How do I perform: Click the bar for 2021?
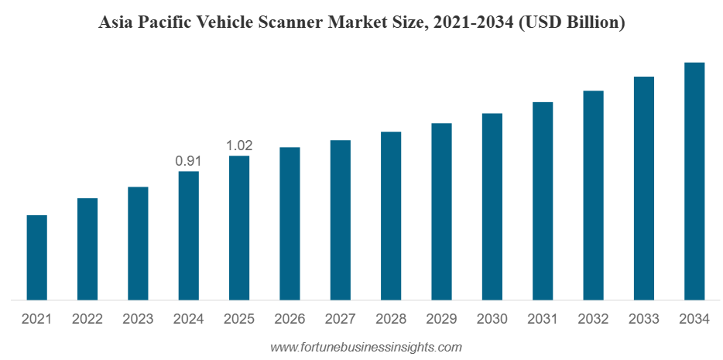coord(36,257)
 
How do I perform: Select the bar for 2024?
coord(188,235)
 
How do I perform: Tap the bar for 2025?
coord(239,228)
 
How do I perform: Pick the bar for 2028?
coord(391,215)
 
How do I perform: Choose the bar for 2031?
coord(543,201)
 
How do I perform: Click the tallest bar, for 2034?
coord(694,180)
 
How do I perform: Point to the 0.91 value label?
coord(188,161)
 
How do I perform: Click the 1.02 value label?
coord(239,146)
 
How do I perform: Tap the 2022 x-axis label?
coord(87,319)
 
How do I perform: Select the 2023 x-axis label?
coord(138,319)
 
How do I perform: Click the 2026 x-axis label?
coord(290,319)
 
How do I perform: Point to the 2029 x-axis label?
coord(441,319)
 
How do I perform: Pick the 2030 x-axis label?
coord(492,319)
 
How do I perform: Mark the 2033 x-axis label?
coord(644,319)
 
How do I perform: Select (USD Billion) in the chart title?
coord(572,23)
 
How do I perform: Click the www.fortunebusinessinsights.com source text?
coord(365,348)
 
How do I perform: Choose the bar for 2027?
coord(340,220)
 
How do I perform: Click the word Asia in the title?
coord(115,23)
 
